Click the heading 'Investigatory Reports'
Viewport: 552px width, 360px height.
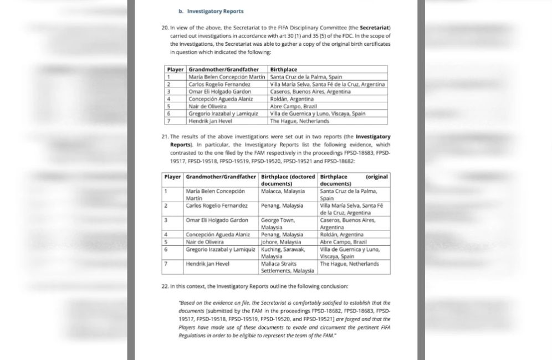pos(215,11)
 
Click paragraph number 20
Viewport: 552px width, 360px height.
pos(165,27)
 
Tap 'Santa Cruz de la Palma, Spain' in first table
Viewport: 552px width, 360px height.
pos(305,77)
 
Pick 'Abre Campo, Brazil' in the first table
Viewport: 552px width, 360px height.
pos(293,106)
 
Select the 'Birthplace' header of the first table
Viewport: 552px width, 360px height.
pos(284,69)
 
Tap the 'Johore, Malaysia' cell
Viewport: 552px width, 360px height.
pos(281,242)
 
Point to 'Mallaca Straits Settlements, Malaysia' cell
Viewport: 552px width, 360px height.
pos(287,268)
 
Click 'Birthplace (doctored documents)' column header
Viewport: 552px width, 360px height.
pos(288,180)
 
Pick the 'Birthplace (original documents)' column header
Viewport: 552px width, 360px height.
pos(354,180)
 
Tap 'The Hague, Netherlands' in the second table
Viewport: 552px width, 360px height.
pos(350,264)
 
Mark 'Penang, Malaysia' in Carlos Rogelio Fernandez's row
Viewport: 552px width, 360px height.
pos(282,205)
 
